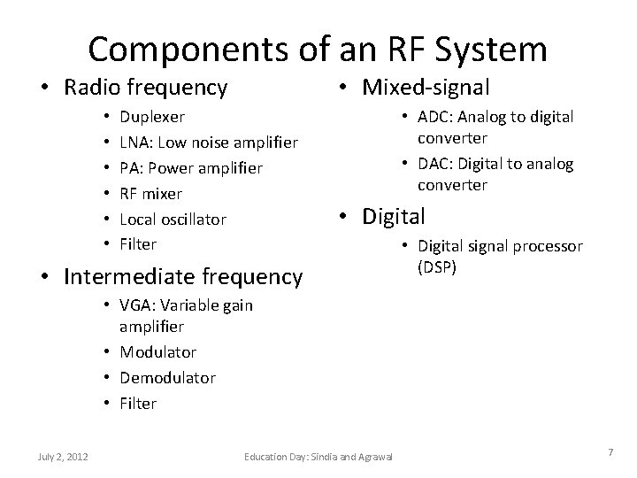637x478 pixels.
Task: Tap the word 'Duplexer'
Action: (152, 116)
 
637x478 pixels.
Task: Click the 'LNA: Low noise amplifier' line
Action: (208, 142)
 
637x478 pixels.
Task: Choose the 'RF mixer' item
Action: (150, 193)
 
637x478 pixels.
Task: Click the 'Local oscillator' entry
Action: (173, 219)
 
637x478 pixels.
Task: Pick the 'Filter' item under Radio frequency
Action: (138, 243)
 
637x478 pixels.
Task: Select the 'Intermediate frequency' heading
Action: (183, 277)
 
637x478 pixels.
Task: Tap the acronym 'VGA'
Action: (137, 305)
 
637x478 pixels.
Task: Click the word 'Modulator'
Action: (157, 352)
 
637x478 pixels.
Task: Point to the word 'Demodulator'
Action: (167, 378)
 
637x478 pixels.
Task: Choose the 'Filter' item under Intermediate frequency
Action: (138, 404)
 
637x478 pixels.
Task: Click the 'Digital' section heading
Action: (392, 215)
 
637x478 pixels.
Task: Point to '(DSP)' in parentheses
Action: (437, 266)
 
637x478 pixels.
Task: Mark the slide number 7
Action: (610, 453)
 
